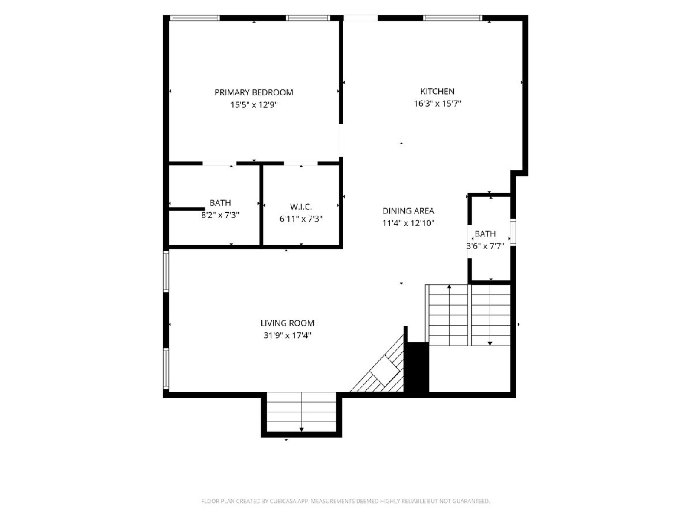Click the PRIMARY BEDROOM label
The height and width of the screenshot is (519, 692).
point(254,92)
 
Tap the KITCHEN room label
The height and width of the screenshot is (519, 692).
point(437,91)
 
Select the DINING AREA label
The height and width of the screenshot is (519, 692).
point(408,211)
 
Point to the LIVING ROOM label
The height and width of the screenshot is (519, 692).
point(287,323)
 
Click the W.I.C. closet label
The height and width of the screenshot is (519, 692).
point(301,206)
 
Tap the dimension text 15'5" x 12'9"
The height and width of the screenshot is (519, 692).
point(254,104)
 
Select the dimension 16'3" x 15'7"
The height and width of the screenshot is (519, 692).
point(437,104)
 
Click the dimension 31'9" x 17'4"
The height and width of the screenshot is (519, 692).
point(287,335)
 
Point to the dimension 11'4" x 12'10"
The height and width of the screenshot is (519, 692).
point(408,223)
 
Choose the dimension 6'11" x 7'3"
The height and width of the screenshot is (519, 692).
point(301,219)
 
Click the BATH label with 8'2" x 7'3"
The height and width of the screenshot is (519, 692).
point(220,202)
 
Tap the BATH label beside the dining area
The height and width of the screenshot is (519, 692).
point(485,234)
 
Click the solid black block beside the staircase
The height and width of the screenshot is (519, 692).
point(416,367)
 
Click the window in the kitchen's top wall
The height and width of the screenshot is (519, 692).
point(453,18)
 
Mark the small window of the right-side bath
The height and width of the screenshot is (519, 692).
point(513,232)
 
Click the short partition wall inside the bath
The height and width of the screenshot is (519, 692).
point(187,209)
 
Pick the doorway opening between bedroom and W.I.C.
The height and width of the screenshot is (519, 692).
point(300,163)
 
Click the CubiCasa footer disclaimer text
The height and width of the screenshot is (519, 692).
point(345,501)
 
